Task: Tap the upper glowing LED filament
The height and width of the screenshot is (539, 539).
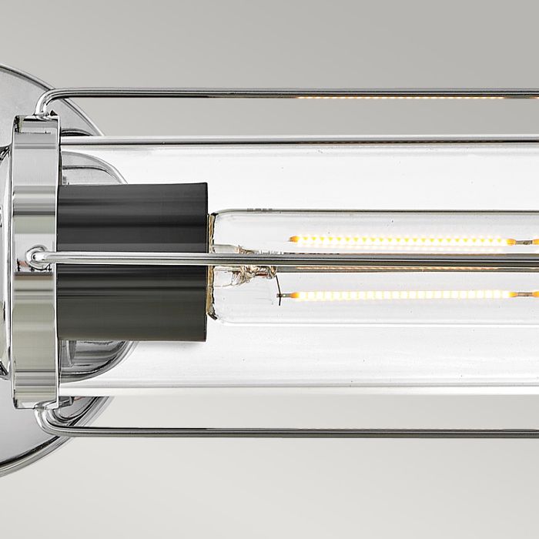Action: (400, 240)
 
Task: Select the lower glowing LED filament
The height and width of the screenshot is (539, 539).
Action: (400, 295)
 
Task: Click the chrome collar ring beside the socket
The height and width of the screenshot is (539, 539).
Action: (35, 262)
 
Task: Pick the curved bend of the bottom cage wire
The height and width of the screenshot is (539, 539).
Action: (44, 422)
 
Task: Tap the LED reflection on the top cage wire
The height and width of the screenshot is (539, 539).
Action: (400, 97)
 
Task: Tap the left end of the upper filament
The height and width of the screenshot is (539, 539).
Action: (293, 240)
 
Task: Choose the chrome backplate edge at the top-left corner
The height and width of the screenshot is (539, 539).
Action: (19, 77)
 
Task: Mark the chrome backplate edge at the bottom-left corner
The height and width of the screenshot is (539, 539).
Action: (19, 454)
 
